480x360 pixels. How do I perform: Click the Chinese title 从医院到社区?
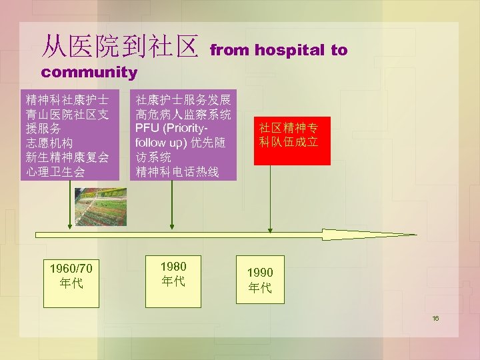tap(120, 46)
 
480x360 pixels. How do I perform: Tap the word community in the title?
tap(89, 72)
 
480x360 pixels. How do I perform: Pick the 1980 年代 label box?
tap(173, 273)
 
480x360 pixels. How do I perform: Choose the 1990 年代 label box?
tap(260, 280)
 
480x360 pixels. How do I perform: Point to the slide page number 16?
tap(435, 319)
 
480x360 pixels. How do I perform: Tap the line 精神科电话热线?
tap(177, 171)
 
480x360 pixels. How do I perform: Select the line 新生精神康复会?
tap(67, 157)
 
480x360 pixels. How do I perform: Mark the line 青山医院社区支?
tap(67, 114)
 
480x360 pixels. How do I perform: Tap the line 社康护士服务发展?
tap(183, 100)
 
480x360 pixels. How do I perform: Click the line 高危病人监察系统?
tap(183, 114)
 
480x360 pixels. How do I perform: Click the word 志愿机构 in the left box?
tap(49, 143)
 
